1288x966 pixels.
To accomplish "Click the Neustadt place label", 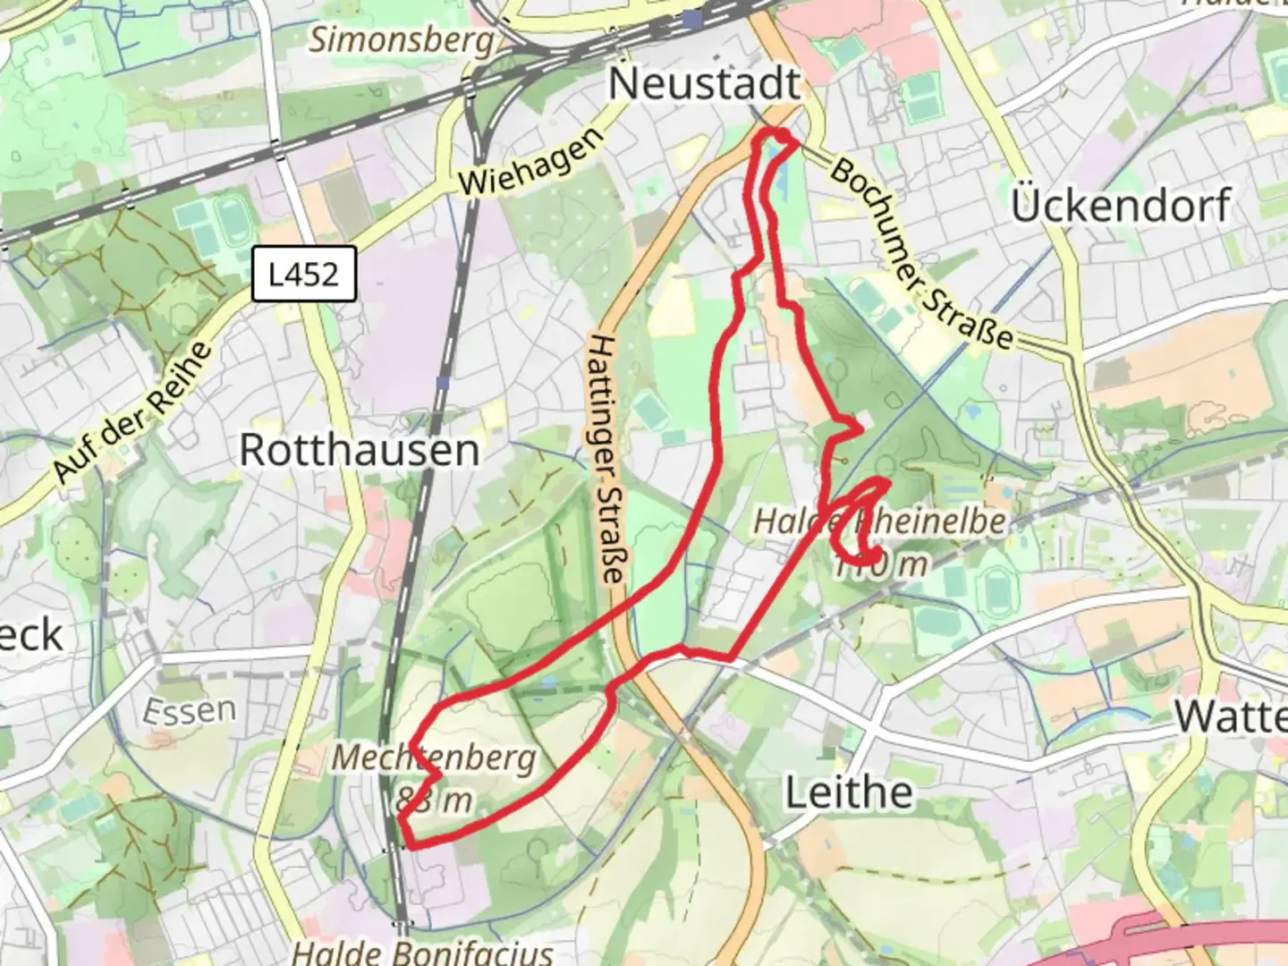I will pyautogui.click(x=704, y=84).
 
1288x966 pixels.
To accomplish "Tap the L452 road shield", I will pyautogui.click(x=304, y=274).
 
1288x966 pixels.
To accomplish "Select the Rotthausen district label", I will pyautogui.click(x=360, y=450).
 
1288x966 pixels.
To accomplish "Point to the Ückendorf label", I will pyautogui.click(x=1121, y=206).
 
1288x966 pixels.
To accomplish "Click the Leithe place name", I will pyautogui.click(x=849, y=792).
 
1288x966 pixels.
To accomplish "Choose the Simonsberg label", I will pyautogui.click(x=402, y=39).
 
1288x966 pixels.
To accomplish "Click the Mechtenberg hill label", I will pyautogui.click(x=435, y=758).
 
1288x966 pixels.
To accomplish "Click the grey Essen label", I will pyautogui.click(x=190, y=711).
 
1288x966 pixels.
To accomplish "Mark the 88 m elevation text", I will pyautogui.click(x=434, y=800).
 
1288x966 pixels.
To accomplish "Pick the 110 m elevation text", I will pyautogui.click(x=880, y=564).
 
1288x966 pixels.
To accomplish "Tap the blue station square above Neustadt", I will pyautogui.click(x=691, y=19).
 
